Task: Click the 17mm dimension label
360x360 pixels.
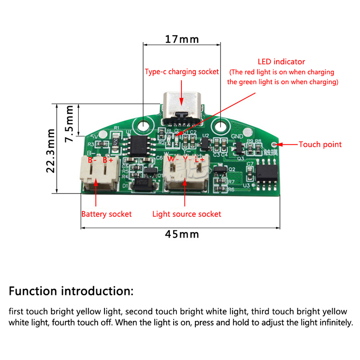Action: coord(182,39)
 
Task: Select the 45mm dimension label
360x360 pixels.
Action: coord(182,234)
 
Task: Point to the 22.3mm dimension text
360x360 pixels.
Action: coord(50,150)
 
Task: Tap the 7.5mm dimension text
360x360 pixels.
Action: coord(70,124)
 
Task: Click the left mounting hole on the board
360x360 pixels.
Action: coord(144,125)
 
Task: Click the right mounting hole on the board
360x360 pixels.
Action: coord(222,125)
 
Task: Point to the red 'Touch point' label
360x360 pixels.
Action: coord(320,144)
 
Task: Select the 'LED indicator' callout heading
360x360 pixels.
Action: coord(281,62)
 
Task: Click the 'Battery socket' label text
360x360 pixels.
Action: coord(106,214)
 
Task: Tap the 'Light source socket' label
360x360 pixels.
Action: coord(187,214)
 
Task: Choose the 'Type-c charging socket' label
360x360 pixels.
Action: coord(182,72)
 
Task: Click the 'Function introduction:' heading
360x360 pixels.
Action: coord(71,290)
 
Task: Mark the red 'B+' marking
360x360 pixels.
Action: coord(108,160)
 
